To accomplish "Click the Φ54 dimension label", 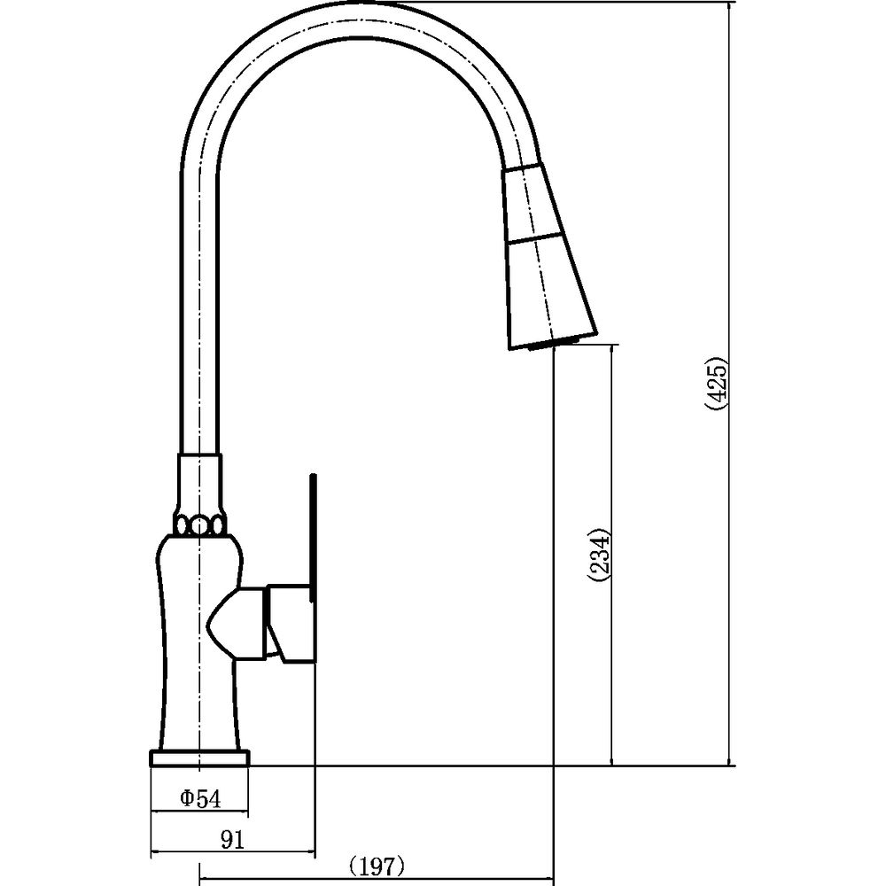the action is point(200,798).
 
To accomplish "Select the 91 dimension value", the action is point(232,840).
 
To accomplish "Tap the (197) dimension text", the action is point(377,867).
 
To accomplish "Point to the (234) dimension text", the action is point(599,555).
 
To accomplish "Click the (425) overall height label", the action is point(717,384).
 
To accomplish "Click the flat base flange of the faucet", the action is point(199,758).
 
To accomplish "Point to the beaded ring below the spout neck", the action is point(199,526).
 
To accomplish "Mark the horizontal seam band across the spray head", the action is point(535,237).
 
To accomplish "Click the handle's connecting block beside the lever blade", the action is point(290,623).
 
